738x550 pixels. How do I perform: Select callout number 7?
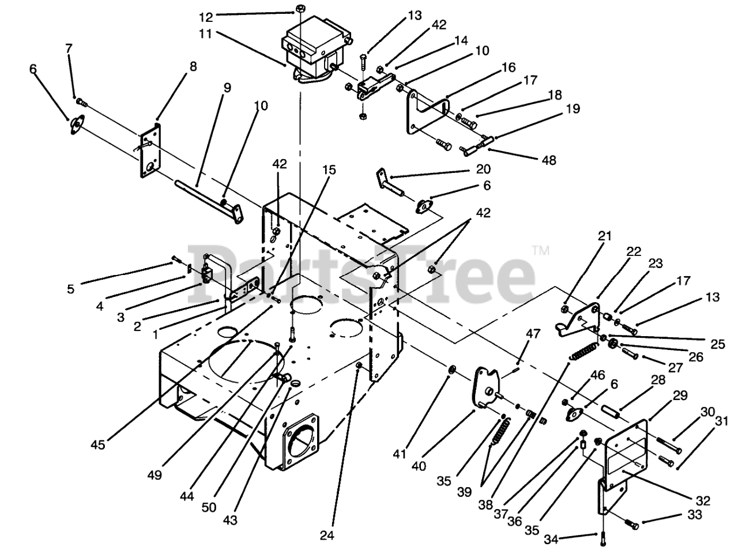(69, 49)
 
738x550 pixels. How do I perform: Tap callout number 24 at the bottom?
(327, 535)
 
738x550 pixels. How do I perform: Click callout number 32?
(702, 500)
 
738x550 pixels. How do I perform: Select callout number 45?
(99, 444)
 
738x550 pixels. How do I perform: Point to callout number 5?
(70, 289)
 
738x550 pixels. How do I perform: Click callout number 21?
(588, 235)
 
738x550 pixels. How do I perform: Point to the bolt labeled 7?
(81, 103)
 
